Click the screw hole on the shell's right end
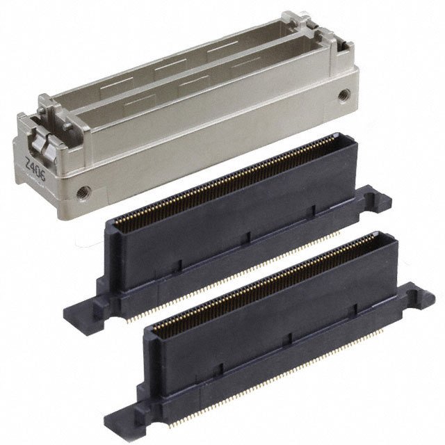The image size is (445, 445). (x=343, y=95)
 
